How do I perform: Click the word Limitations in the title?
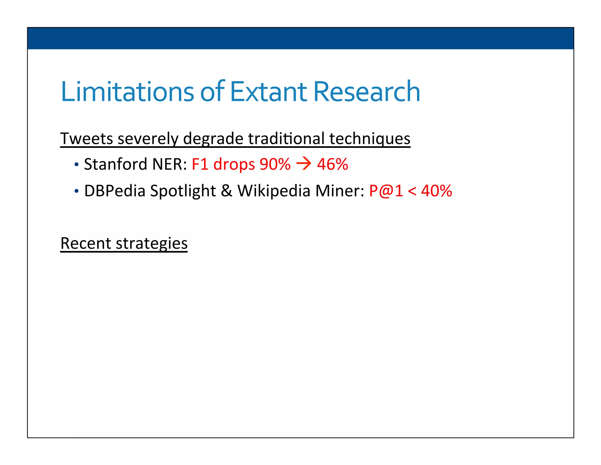click(x=127, y=92)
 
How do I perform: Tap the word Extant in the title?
click(x=268, y=92)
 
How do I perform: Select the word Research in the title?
click(x=367, y=92)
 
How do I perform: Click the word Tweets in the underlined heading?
click(x=87, y=138)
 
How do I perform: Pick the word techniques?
click(x=369, y=138)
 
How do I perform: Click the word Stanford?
click(x=116, y=164)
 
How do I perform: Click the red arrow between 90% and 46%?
click(x=304, y=164)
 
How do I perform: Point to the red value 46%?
click(x=332, y=164)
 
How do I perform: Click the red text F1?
click(x=200, y=164)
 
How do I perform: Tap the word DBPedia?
click(x=115, y=191)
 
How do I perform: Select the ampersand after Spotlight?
click(x=226, y=191)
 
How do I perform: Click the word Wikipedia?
click(x=274, y=191)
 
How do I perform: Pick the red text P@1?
click(x=386, y=191)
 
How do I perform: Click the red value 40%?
click(x=436, y=191)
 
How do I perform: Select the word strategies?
click(x=152, y=243)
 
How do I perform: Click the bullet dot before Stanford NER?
click(x=77, y=165)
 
